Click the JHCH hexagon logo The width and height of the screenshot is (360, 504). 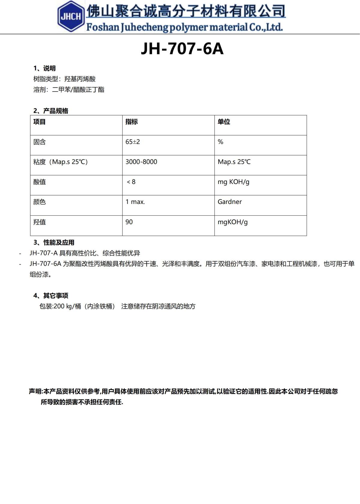tap(71, 16)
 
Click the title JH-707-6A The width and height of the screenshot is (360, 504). tap(182, 49)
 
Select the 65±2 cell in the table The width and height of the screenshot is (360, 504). tap(133, 142)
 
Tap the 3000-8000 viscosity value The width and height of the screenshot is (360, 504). tap(141, 162)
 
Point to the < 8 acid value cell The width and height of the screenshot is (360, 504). tap(131, 182)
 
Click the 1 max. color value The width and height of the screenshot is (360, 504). tap(135, 202)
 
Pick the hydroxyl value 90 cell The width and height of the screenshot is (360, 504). tap(129, 222)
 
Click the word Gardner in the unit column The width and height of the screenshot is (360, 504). tap(229, 202)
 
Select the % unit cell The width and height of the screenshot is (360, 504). tap(220, 142)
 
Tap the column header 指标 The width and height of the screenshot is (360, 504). tap(131, 121)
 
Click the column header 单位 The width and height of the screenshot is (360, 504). tap(224, 121)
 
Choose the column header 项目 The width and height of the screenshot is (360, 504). tap(39, 121)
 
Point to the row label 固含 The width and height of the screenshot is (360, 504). tap(39, 142)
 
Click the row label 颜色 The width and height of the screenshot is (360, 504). tap(39, 202)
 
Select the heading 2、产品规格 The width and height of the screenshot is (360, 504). tap(51, 111)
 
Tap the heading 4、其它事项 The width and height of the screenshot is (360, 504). tap(51, 295)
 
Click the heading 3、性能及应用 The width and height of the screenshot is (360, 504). tap(54, 242)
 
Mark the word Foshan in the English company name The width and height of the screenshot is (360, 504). tap(103, 27)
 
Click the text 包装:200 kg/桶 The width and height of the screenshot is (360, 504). tap(60, 306)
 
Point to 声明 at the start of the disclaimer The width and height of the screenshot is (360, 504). tap(35, 391)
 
